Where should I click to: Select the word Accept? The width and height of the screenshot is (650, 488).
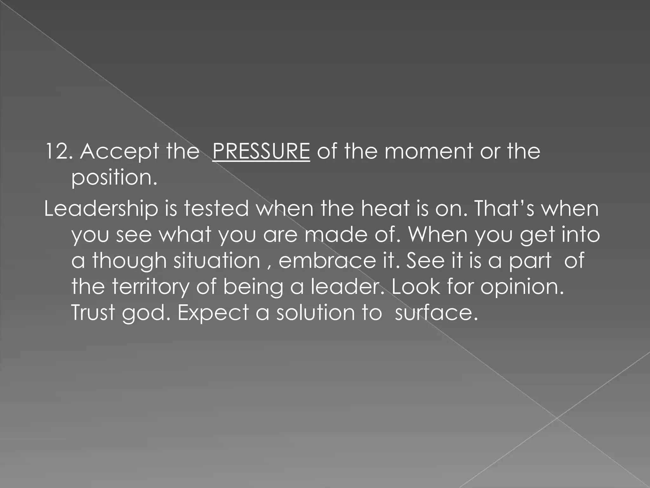coord(119,152)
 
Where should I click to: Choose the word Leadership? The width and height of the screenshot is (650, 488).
coord(101,209)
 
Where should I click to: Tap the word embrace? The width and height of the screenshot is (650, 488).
coord(326,261)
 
